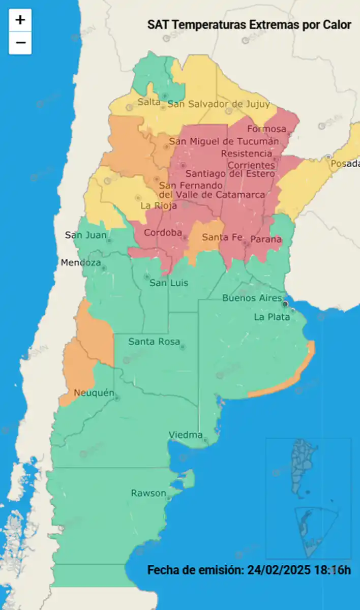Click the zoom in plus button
20,20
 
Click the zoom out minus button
20,43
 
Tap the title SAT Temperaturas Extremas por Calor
249,25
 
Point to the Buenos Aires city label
252,298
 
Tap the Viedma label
186,435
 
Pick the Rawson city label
148,493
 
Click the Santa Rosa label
154,342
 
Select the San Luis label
168,283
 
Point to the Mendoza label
81,263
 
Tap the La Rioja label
159,206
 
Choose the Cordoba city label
163,233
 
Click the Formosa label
266,129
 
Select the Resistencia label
247,153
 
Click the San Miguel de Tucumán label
224,141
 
